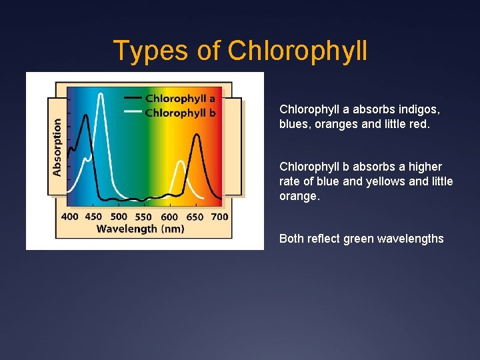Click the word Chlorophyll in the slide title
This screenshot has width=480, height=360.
tap(297, 51)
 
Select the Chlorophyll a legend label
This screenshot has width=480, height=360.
tap(180, 99)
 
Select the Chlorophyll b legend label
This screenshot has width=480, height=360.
tap(180, 113)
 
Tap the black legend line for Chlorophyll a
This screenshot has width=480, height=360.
tap(133, 99)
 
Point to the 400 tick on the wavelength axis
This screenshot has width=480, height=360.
tap(69, 216)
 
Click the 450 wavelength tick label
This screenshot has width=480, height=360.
tap(94, 216)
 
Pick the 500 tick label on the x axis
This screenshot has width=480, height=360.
tap(119, 216)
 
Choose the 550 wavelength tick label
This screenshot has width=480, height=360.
tap(143, 216)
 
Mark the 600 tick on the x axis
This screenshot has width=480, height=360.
tap(169, 216)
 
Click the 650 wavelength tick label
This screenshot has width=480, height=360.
tap(195, 216)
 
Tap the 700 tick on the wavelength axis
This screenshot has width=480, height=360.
tap(219, 216)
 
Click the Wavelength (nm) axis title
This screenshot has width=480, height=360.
tap(140, 229)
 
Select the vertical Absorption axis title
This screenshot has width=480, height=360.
tap(57, 147)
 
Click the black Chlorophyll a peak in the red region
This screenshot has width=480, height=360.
tap(197, 135)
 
